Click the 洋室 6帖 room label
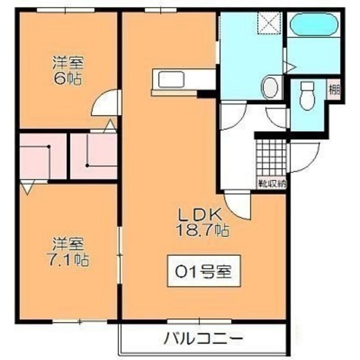pyautogui.click(x=68, y=71)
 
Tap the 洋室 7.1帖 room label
pyautogui.click(x=69, y=252)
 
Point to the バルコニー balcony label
pyautogui.click(x=202, y=338)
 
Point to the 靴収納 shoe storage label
pyautogui.click(x=273, y=183)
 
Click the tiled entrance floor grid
pyautogui.click(x=271, y=158)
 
